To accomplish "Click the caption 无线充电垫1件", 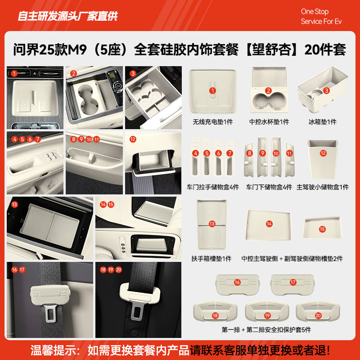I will coord(213,122).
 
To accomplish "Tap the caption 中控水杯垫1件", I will coord(269,122).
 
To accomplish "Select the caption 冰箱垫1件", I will coord(322,122).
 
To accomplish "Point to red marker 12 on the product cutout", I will coord(323,153).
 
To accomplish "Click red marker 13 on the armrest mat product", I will coord(212,224).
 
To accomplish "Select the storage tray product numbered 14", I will coord(269,224).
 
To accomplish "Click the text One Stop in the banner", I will coord(315,12).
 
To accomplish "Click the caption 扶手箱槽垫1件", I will coord(211,259).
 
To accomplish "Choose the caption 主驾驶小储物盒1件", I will coord(323,187).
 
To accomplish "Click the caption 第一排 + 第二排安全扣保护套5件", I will coord(266,330).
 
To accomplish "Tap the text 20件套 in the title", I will coord(325,50).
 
